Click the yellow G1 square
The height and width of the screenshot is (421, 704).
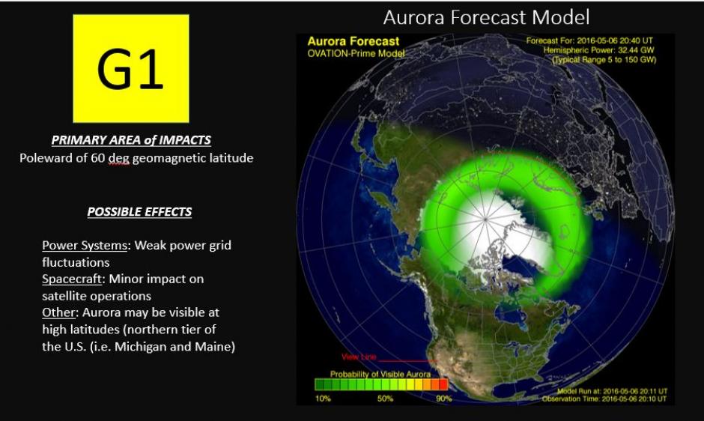(130, 68)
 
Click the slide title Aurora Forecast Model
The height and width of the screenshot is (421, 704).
(486, 16)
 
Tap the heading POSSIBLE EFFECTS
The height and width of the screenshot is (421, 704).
(139, 212)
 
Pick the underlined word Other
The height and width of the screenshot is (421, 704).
(56, 312)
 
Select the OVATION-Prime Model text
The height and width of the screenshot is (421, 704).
(356, 53)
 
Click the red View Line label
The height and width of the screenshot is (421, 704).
(358, 357)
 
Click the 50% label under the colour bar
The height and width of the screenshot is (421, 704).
(384, 399)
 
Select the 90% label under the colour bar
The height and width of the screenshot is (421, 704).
(443, 399)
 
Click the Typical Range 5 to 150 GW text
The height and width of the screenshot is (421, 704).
(604, 60)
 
